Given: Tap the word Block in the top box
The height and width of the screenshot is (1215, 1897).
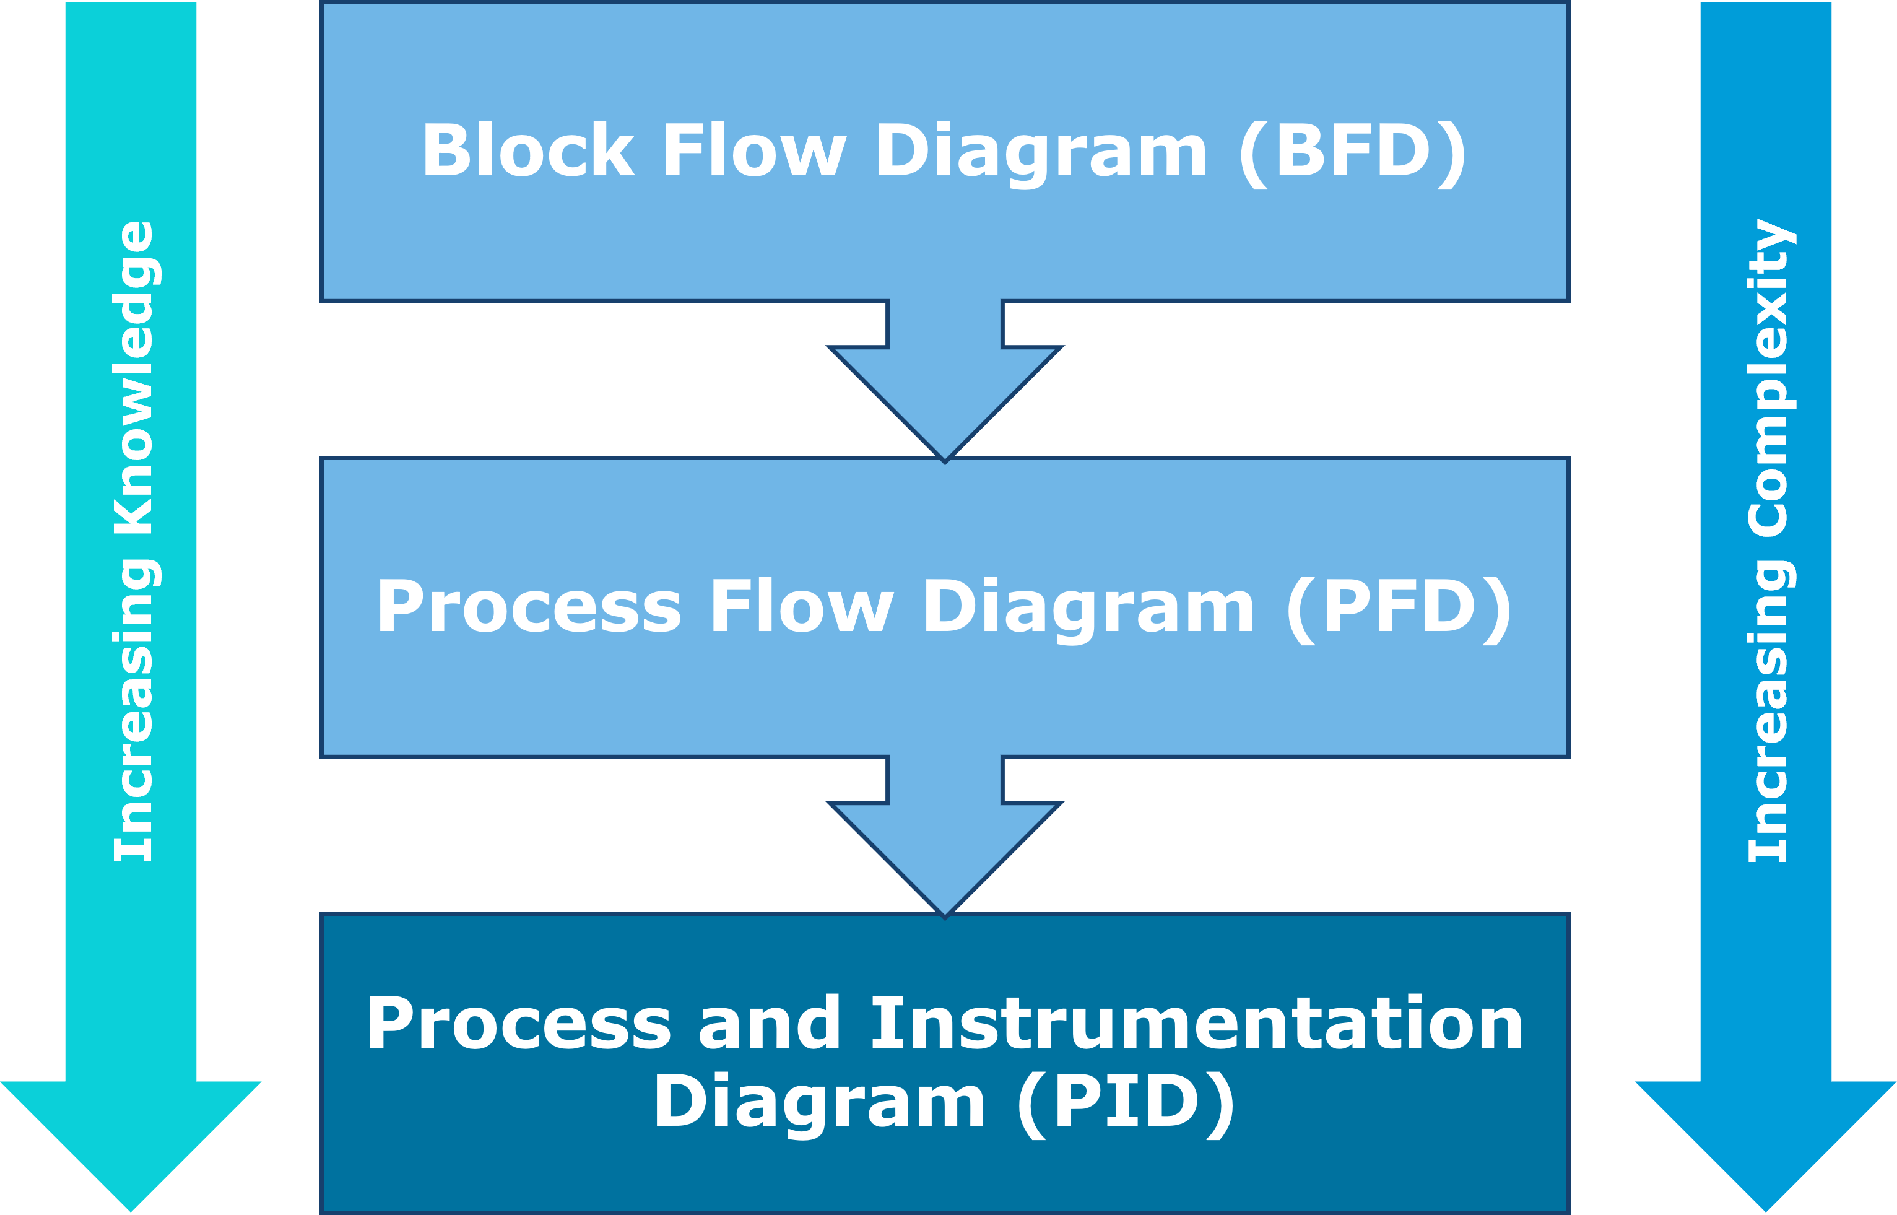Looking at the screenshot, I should [527, 152].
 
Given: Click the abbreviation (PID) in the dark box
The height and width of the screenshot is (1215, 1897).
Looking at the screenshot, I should [1126, 1102].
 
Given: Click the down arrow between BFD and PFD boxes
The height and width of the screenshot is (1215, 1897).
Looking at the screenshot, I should [945, 386].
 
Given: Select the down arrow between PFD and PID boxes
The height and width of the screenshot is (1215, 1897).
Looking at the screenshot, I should [945, 843].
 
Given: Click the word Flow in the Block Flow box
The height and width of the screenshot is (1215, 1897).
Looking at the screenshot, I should [753, 152].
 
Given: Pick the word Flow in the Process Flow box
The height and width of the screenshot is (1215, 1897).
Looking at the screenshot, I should [801, 607].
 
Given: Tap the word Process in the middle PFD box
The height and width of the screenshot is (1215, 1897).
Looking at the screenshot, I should [529, 607].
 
